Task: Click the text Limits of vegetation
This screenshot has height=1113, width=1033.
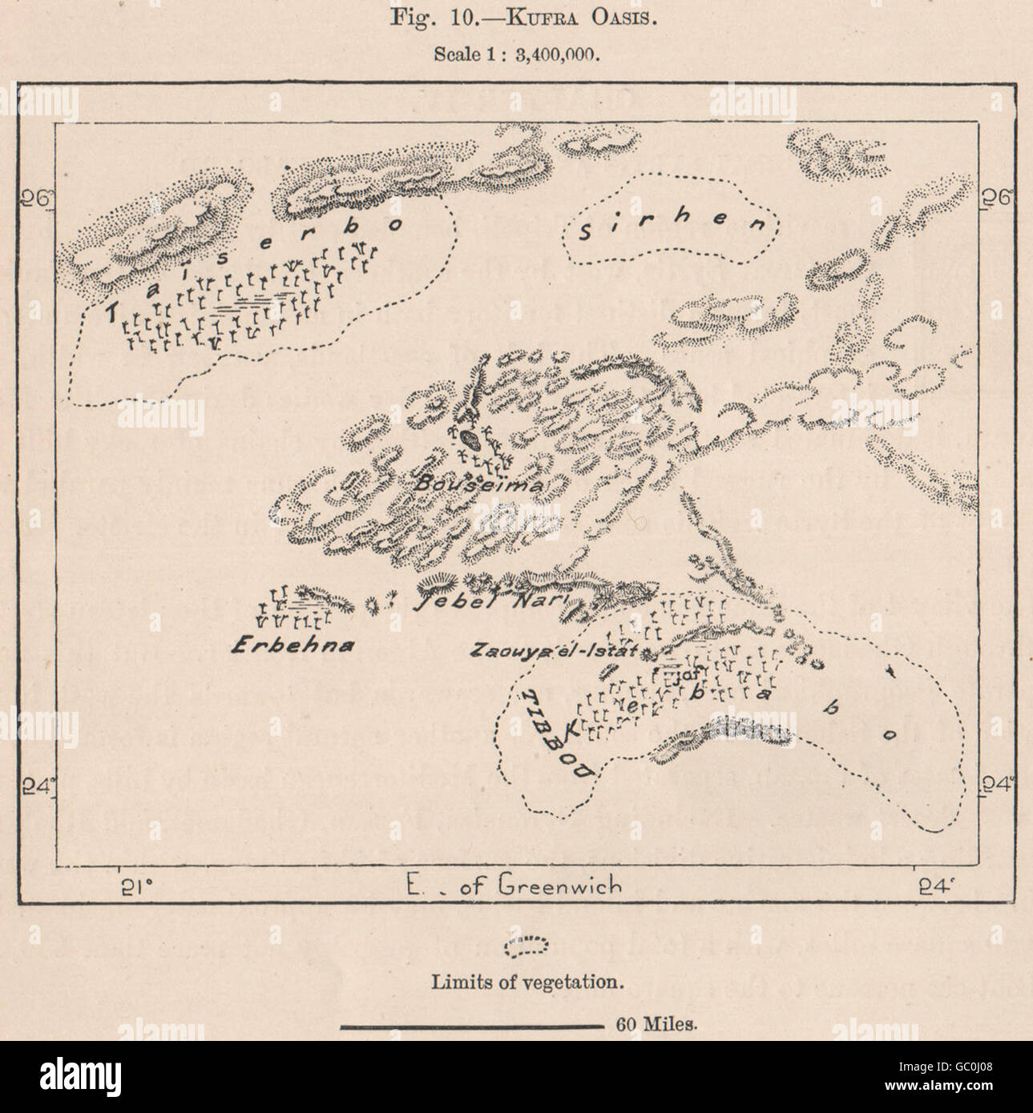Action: (x=527, y=981)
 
